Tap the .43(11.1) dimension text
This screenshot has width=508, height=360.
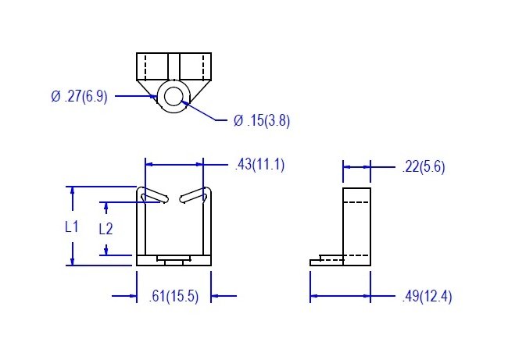(x=259, y=165)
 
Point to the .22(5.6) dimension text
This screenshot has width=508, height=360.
(x=423, y=166)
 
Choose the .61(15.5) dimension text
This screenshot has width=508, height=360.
(x=174, y=296)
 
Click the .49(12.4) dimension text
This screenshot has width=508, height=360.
(x=425, y=296)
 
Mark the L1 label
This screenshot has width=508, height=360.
(x=72, y=226)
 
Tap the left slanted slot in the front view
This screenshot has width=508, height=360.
(x=154, y=196)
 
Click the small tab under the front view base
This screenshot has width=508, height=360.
(x=174, y=259)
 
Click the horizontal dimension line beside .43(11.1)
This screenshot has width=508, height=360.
(x=174, y=165)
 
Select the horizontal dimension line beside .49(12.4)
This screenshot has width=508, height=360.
(x=341, y=296)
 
